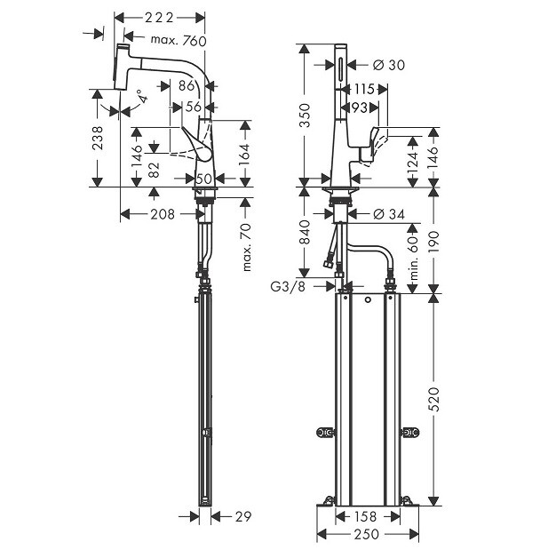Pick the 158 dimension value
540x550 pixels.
pyautogui.click(x=367, y=515)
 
